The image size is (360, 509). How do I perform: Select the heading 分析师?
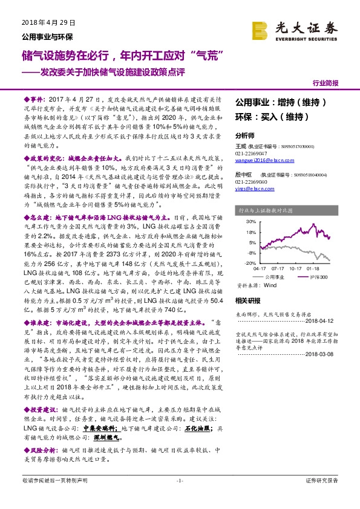245,135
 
